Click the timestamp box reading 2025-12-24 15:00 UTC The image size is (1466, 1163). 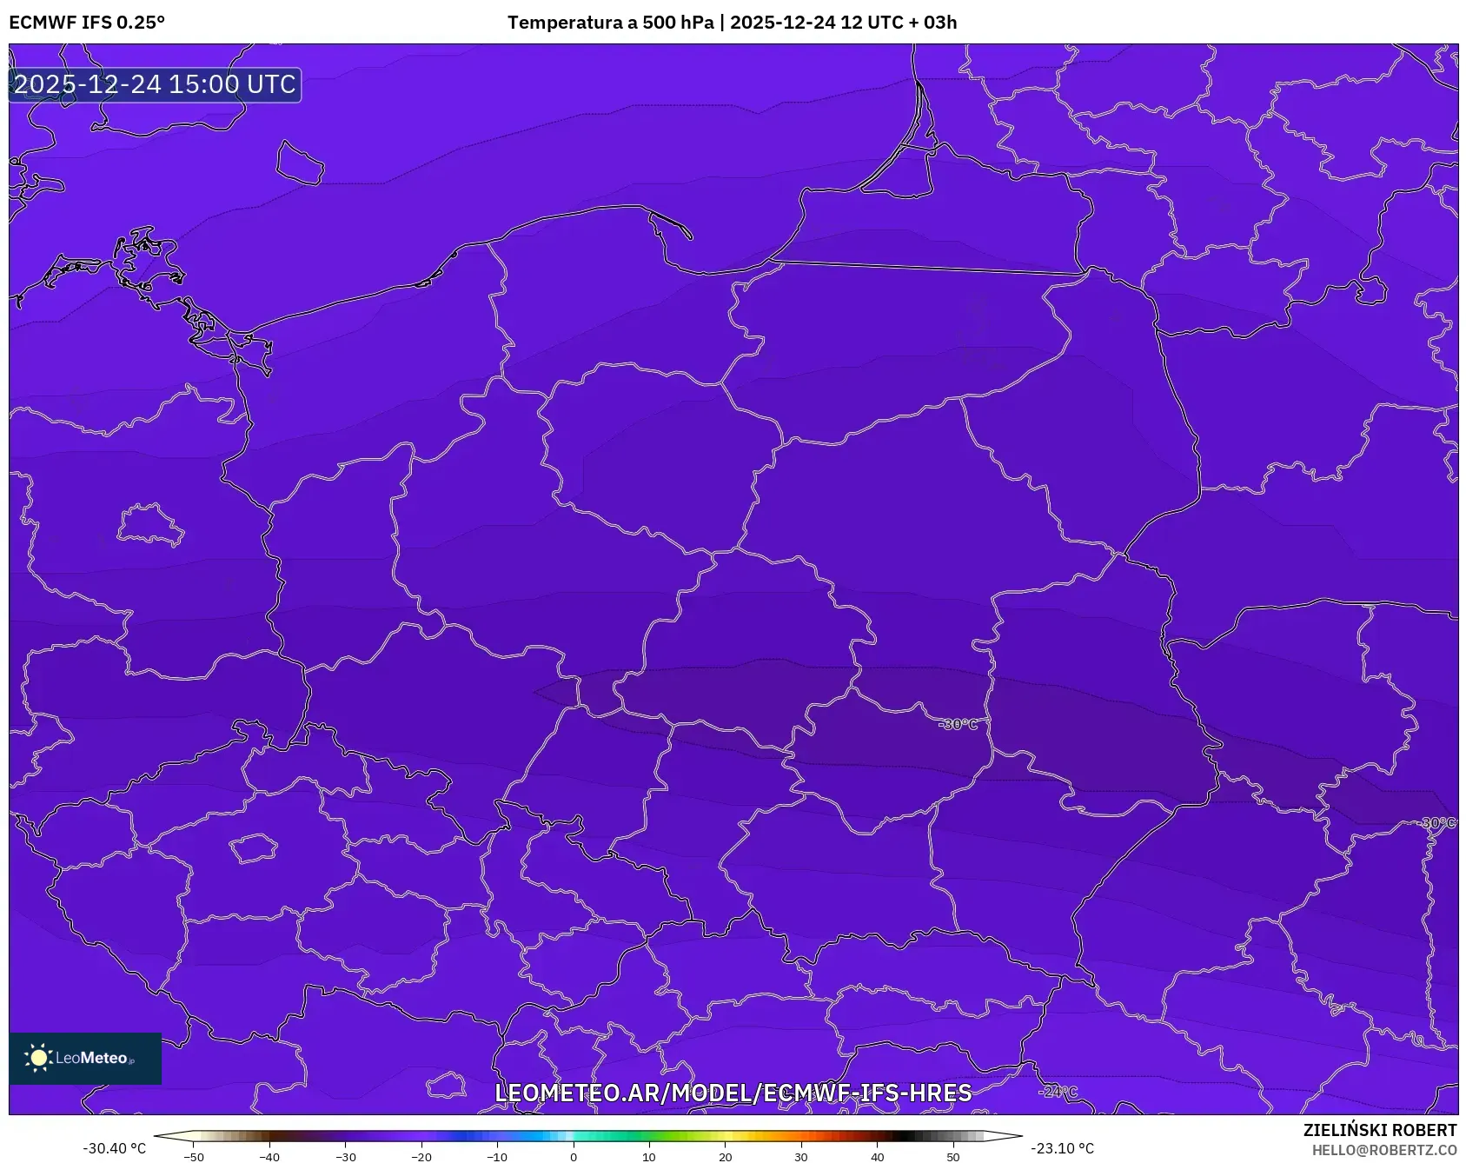click(155, 85)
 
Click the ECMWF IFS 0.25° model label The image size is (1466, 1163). click(87, 23)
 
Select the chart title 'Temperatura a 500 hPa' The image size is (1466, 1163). click(610, 23)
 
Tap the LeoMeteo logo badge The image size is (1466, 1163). click(85, 1058)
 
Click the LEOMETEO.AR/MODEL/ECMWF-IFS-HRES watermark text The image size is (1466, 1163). click(733, 1093)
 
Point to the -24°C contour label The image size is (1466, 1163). click(1058, 1092)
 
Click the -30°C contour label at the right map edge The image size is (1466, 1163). click(1438, 822)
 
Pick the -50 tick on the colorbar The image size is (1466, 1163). click(194, 1157)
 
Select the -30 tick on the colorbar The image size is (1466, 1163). click(346, 1157)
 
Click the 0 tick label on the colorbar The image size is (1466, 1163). click(574, 1157)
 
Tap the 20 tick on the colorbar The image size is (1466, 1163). click(725, 1157)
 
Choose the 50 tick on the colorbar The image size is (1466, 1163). click(952, 1157)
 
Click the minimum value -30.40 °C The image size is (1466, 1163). click(115, 1148)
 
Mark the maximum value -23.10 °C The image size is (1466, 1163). click(1063, 1148)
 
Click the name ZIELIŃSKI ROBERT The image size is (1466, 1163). click(1379, 1130)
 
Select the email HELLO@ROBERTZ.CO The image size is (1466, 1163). click(1384, 1150)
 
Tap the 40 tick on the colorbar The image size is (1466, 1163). click(877, 1157)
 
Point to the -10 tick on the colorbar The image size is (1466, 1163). click(497, 1157)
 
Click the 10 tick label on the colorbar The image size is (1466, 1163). click(649, 1157)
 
